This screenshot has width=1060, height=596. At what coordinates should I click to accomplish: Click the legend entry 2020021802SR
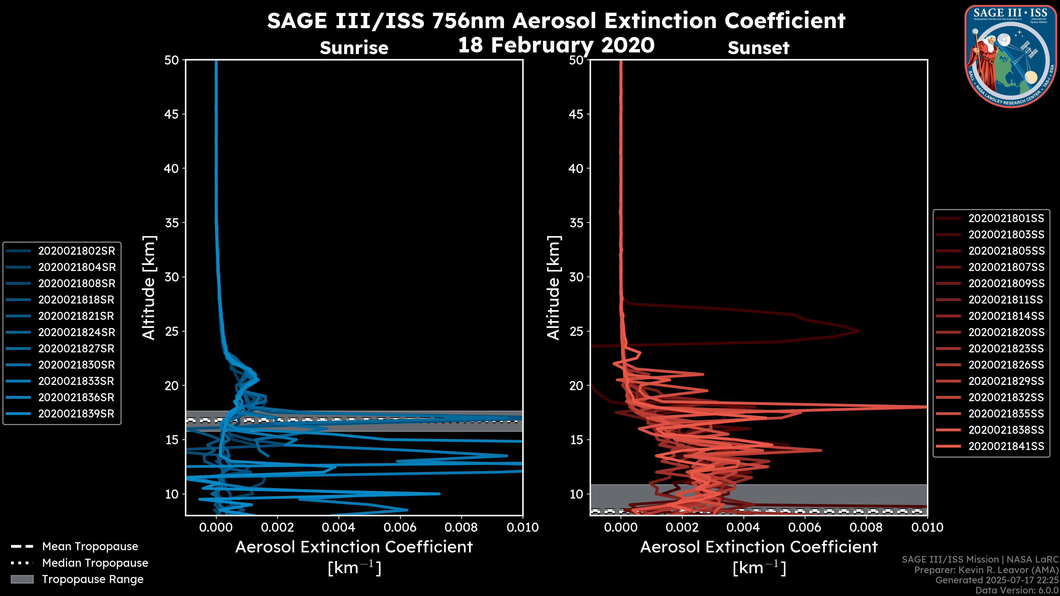(76, 251)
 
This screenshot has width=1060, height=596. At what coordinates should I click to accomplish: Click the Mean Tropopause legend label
(90, 547)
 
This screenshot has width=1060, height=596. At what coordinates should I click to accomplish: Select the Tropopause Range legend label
(92, 579)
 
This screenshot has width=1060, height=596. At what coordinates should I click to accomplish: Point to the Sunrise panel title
(354, 48)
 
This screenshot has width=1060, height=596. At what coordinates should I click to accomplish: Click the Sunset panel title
(758, 48)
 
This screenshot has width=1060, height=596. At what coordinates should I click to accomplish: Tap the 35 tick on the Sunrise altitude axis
(172, 223)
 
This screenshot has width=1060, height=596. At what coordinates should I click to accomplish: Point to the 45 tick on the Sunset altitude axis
(576, 114)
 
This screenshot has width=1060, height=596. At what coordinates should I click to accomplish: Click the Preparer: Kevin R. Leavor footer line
(986, 570)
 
